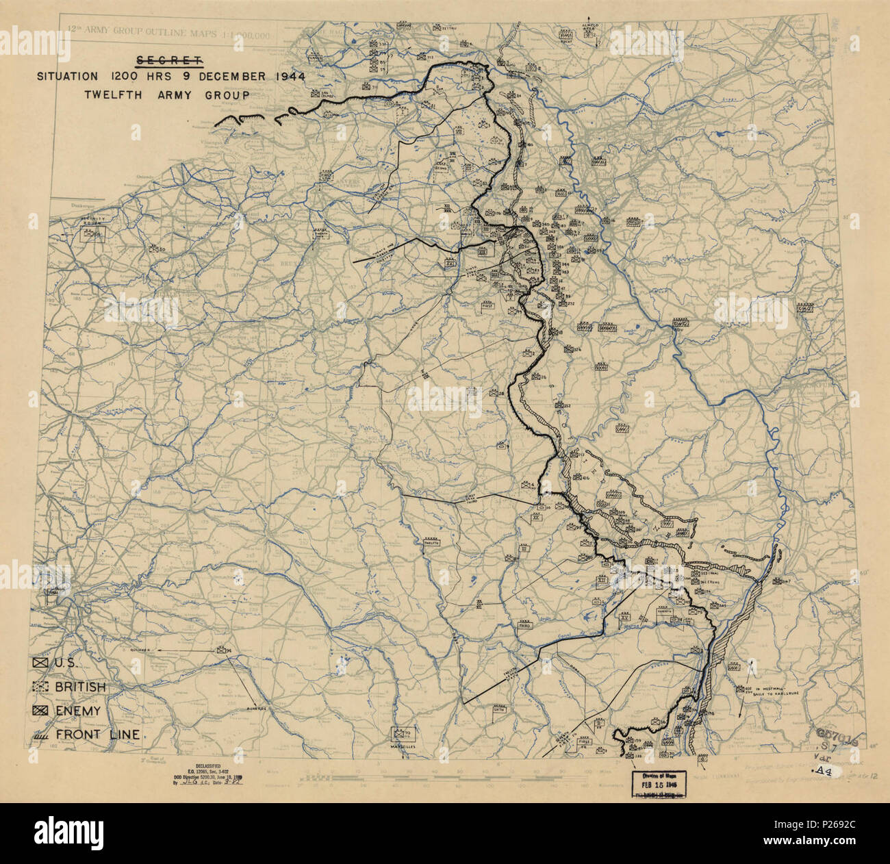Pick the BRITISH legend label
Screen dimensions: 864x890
(80, 687)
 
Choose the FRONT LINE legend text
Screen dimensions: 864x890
(98, 735)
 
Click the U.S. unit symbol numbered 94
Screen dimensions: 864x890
(222, 650)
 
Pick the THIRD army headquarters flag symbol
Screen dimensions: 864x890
(524, 624)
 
